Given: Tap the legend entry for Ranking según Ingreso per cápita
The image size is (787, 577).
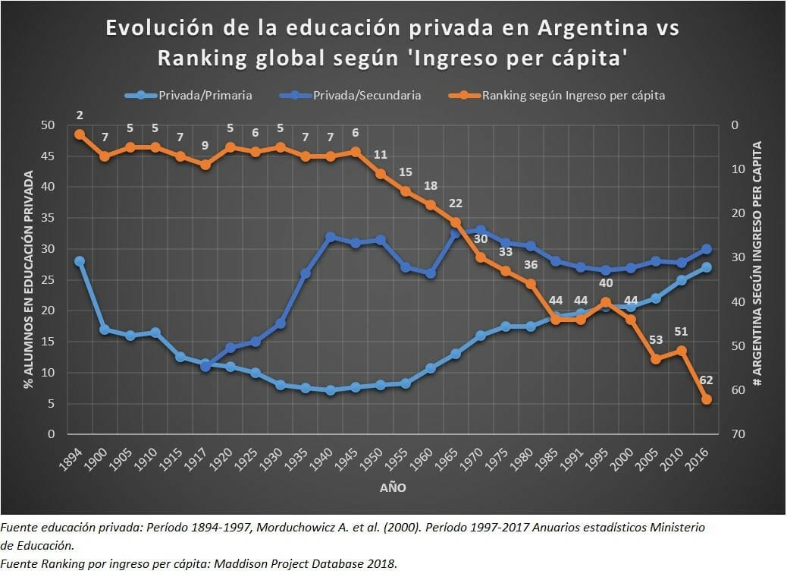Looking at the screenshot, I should pos(573,95).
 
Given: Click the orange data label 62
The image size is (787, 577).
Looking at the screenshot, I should pos(706,380).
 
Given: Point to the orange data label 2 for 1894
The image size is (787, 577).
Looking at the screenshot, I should pos(80,115).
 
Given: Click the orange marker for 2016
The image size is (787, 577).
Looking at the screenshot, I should pos(706,399).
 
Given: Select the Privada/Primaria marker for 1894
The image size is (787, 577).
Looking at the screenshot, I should pos(80,261).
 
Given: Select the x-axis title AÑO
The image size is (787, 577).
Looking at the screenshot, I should pos(393,488).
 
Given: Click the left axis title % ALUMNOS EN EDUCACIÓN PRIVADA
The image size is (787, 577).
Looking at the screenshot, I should pos(28,279).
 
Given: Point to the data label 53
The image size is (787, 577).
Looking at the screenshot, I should pos(656,339).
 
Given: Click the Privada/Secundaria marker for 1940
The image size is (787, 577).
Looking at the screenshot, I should pos(331,238).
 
